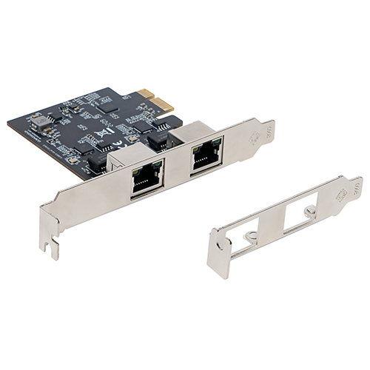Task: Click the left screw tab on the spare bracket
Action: (x=252, y=236)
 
